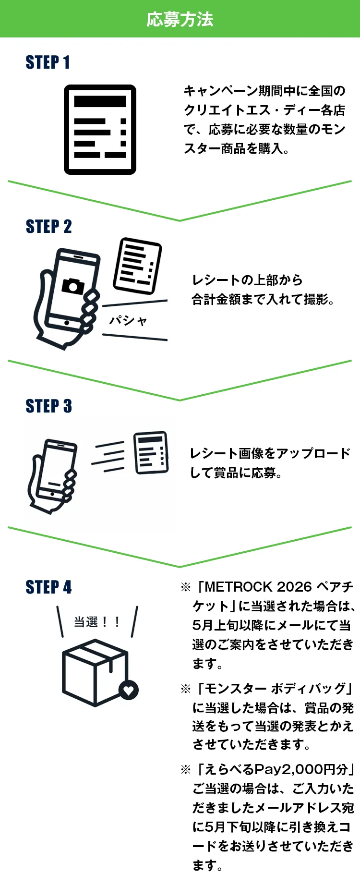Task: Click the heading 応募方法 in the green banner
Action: (x=180, y=19)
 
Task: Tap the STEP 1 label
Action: (x=48, y=62)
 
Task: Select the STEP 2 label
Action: (x=48, y=227)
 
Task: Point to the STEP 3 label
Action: (x=48, y=406)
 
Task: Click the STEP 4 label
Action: (x=48, y=587)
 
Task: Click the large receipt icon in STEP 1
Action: (x=100, y=130)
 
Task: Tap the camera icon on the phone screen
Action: (x=73, y=286)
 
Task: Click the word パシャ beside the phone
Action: (x=128, y=320)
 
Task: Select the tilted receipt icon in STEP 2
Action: (x=137, y=266)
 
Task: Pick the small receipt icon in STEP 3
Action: (x=151, y=452)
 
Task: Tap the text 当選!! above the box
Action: (x=96, y=622)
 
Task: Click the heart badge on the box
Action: (x=129, y=691)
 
